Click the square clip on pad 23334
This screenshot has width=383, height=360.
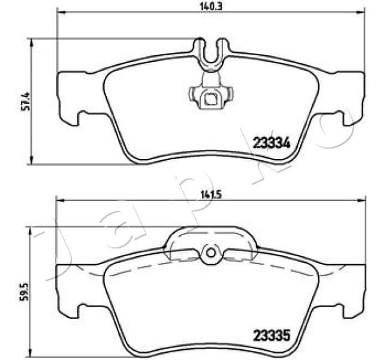pyautogui.click(x=210, y=98)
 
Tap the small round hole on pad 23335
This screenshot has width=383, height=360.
pyautogui.click(x=210, y=254)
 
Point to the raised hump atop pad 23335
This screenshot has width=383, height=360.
pyautogui.click(x=210, y=237)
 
